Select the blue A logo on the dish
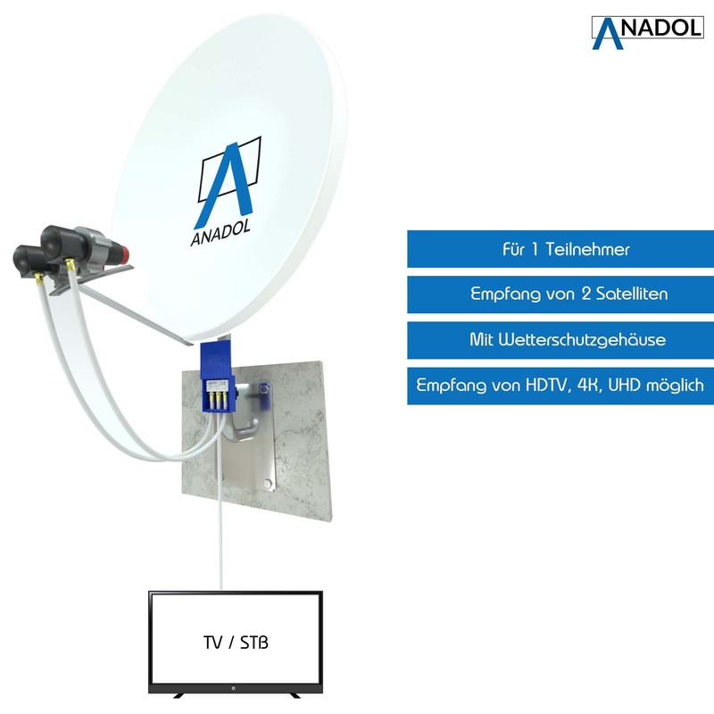(228, 179)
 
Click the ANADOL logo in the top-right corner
(647, 29)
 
